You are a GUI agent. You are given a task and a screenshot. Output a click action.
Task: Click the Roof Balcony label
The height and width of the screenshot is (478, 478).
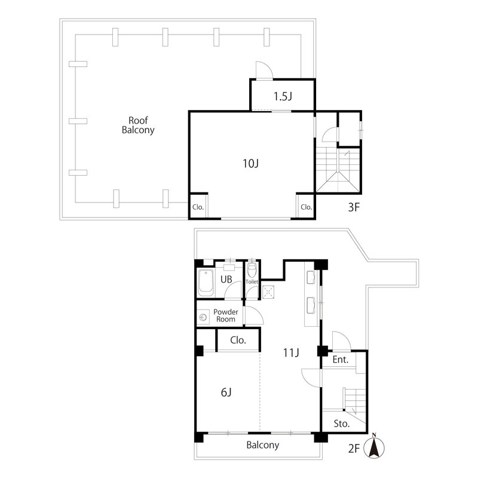(x=138, y=125)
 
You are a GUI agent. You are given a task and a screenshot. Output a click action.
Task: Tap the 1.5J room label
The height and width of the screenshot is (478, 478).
(x=283, y=96)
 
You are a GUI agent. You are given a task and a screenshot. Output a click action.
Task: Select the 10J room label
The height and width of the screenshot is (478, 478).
(x=250, y=163)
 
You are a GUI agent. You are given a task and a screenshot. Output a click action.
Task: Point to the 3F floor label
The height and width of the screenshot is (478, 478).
(x=354, y=207)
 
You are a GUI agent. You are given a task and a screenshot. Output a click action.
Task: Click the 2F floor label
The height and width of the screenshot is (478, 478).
(x=354, y=449)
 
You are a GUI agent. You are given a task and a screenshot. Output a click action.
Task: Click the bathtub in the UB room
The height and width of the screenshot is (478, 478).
(x=206, y=283)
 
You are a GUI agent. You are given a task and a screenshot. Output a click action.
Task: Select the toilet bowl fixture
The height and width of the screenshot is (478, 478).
(x=252, y=269)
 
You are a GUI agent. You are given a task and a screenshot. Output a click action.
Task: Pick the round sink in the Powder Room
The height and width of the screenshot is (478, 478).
(x=203, y=317)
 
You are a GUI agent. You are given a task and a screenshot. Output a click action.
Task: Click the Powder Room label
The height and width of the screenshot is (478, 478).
(x=226, y=315)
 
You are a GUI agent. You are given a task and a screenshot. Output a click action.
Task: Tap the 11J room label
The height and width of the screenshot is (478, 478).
(x=291, y=353)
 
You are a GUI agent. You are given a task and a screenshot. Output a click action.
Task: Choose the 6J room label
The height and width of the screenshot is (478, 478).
(x=226, y=393)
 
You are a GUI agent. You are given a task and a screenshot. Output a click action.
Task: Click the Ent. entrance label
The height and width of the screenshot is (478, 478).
(x=340, y=360)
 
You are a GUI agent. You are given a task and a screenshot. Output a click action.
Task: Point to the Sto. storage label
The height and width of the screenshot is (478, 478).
(x=341, y=424)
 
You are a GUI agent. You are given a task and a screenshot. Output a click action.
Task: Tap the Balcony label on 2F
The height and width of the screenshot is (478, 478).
(x=262, y=445)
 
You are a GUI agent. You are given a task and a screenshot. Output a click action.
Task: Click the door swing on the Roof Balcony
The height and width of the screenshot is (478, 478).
(x=264, y=70)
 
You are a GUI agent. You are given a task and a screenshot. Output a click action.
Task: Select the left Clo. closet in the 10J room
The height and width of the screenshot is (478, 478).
(x=198, y=207)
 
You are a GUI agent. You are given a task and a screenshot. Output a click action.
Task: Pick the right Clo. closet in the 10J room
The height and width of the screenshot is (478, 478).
(x=306, y=207)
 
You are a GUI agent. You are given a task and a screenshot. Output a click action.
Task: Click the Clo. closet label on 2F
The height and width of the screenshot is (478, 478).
(x=238, y=340)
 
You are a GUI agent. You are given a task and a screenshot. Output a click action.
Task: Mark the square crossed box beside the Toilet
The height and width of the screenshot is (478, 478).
(x=268, y=292)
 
